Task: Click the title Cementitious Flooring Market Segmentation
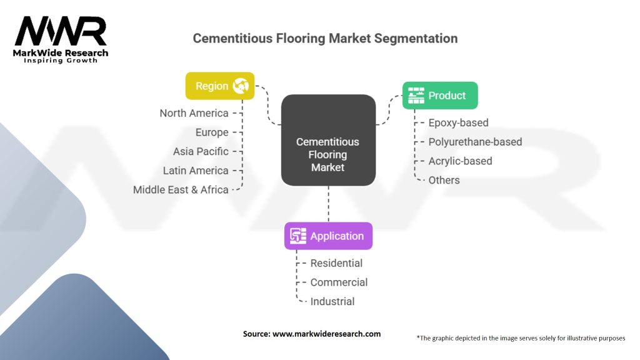click(325, 38)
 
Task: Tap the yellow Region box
click(219, 86)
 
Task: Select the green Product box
click(440, 96)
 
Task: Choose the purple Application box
click(328, 236)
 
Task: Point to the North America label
click(194, 113)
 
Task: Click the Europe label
click(212, 132)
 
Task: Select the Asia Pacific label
click(201, 151)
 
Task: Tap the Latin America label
click(196, 171)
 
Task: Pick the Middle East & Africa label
click(181, 189)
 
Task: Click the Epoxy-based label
click(458, 122)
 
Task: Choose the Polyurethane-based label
click(475, 142)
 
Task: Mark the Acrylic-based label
click(460, 161)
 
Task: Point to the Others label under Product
click(444, 180)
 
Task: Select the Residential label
click(336, 263)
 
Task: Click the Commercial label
click(339, 282)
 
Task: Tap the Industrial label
click(332, 301)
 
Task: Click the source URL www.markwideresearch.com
click(326, 334)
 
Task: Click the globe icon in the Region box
click(241, 86)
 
